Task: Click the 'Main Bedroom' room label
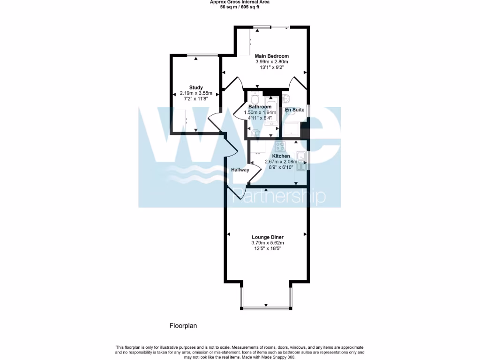(x=271, y=56)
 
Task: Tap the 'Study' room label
(x=196, y=87)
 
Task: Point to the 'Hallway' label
(x=240, y=170)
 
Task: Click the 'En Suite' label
(x=295, y=110)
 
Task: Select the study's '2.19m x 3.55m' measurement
(x=196, y=93)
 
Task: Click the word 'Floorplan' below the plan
(x=181, y=325)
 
